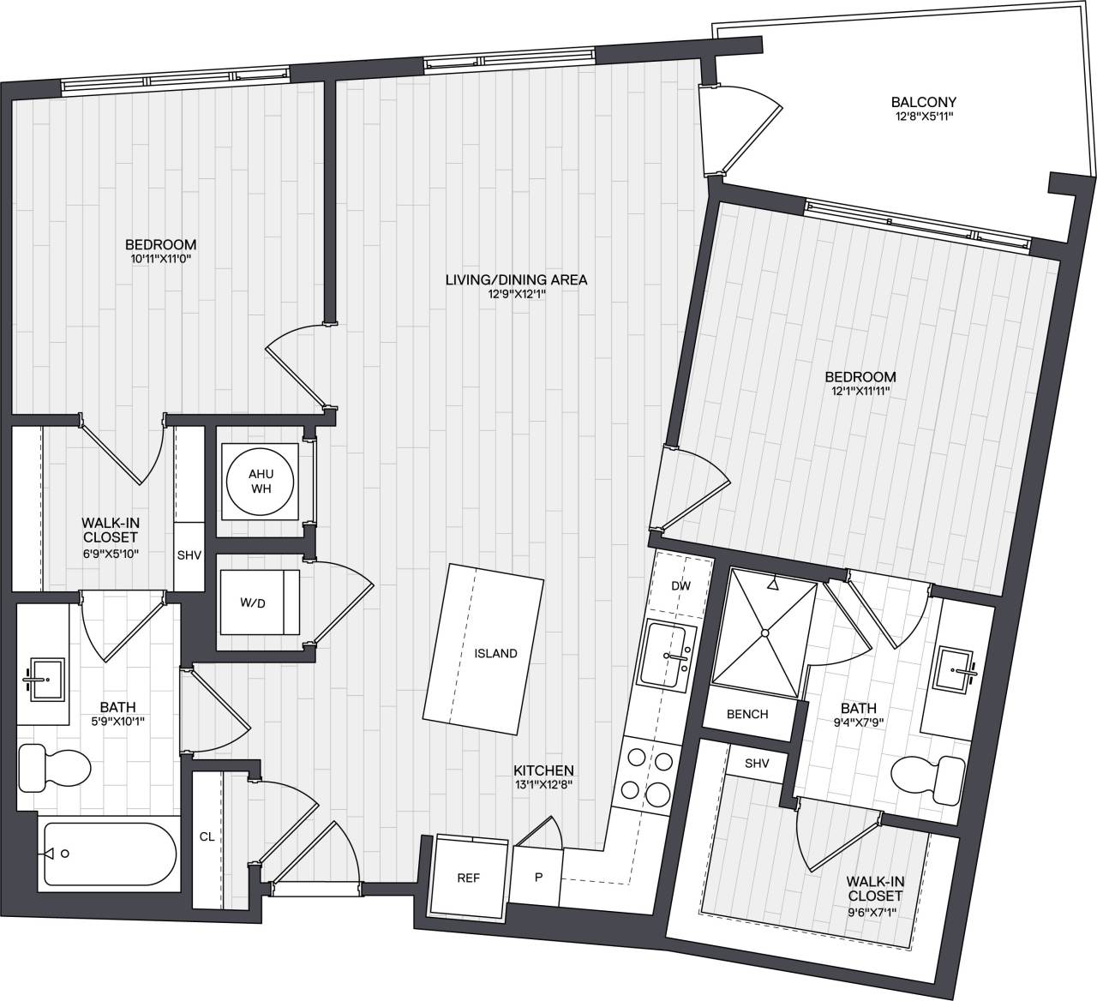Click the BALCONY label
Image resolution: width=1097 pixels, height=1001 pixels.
pos(923,101)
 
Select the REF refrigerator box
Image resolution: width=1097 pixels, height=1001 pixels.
pos(467,878)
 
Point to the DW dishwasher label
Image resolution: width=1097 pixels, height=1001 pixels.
pos(681,586)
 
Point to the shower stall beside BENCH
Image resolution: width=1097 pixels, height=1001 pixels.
pos(764,633)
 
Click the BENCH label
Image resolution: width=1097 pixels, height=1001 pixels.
pos(747,714)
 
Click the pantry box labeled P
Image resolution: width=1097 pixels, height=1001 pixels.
pos(538,878)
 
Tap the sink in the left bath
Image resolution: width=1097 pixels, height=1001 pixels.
pos(44,680)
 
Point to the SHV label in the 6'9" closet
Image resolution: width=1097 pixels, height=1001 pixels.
pos(189,554)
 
